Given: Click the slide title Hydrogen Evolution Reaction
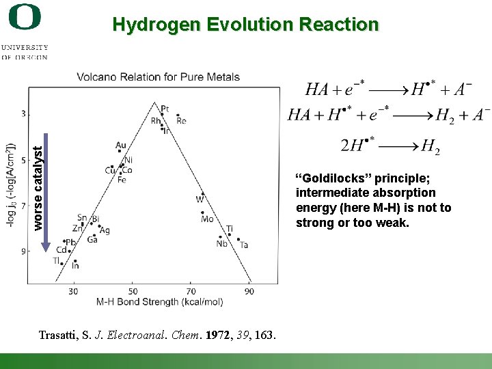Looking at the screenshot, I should [x=245, y=25].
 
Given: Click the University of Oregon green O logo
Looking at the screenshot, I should [x=25, y=17].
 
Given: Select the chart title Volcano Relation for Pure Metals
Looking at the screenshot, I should [x=158, y=77].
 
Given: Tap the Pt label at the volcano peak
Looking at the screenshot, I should [x=165, y=109].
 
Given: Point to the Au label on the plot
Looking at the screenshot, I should [x=121, y=146].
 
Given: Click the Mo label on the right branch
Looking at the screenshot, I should [x=207, y=219].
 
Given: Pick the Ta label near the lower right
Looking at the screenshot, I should [x=244, y=245].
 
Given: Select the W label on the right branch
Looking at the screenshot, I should [x=200, y=200].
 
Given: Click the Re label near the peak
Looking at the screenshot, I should [x=181, y=121].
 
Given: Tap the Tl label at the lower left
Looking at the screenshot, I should [x=57, y=260].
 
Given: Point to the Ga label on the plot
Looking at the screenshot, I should [x=92, y=240].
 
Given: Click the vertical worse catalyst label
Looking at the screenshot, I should [x=38, y=184].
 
